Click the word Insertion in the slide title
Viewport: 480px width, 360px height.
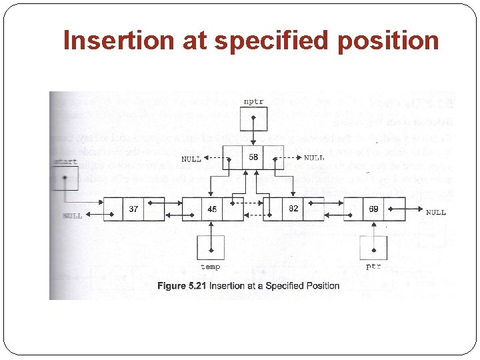click(x=118, y=41)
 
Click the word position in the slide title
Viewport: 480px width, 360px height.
click(x=388, y=41)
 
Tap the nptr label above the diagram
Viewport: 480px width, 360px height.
click(x=253, y=102)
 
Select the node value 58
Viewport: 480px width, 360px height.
click(x=253, y=158)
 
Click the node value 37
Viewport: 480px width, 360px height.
click(x=134, y=209)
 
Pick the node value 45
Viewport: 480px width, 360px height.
click(x=212, y=209)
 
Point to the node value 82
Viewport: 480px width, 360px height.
click(x=293, y=209)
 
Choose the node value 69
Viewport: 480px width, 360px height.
click(x=374, y=209)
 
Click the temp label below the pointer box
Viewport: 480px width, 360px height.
click(x=211, y=267)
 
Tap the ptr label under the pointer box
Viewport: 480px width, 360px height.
click(x=373, y=266)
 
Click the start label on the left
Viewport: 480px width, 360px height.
click(x=64, y=162)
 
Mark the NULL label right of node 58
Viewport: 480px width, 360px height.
click(x=314, y=158)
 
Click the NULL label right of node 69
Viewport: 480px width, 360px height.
click(x=435, y=213)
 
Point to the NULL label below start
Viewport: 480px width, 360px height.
click(x=73, y=216)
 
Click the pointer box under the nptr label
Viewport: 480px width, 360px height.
click(x=254, y=122)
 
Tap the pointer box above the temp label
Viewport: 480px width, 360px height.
click(x=211, y=248)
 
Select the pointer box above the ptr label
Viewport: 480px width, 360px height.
click(x=373, y=248)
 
